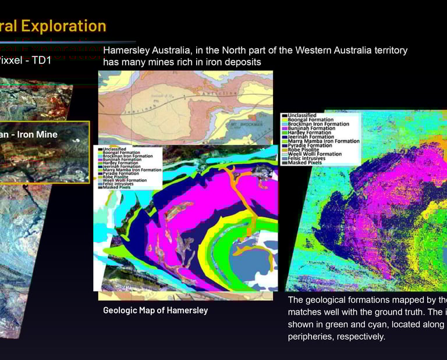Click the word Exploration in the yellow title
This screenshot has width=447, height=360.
pyautogui.click(x=68, y=26)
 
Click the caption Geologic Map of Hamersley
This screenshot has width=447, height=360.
pyautogui.click(x=155, y=311)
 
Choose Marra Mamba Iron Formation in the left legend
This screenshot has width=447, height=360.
pyautogui.click(x=133, y=170)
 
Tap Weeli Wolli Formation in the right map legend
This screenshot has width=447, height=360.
pyautogui.click(x=314, y=154)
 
